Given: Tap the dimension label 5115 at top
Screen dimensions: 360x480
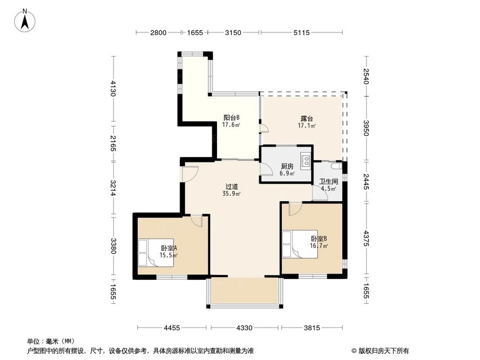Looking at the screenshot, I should [301, 33].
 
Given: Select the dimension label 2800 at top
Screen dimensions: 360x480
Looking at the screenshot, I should [158, 33].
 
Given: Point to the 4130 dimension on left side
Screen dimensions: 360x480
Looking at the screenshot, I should [114, 89].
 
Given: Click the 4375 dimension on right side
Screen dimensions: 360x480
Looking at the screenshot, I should [367, 239].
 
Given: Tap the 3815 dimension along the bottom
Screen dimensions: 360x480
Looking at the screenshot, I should [312, 328].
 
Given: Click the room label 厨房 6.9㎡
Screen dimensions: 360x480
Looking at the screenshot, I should [288, 169].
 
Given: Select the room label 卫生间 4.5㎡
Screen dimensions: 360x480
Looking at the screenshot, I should [329, 185].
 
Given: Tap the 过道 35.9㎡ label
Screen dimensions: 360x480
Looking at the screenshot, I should [232, 190].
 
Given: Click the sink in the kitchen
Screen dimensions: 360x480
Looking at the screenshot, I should [305, 160].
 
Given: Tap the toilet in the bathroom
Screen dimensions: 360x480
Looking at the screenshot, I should [339, 166].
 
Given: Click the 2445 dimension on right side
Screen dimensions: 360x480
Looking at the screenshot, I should [367, 181].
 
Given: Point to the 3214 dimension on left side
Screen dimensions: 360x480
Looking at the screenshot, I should [114, 188].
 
